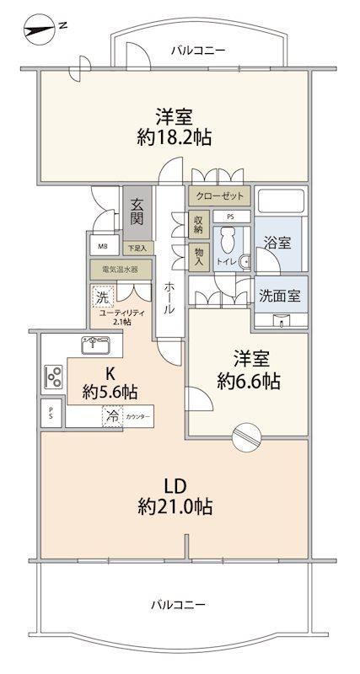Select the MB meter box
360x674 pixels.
point(103,247)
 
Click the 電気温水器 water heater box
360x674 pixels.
point(121,270)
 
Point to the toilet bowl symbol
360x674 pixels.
point(226,242)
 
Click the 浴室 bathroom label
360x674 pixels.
point(277,243)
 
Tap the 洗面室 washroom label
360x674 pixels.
point(280,296)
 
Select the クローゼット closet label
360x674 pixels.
point(219,195)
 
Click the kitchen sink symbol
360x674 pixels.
point(95,344)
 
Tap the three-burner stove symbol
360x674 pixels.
point(53,377)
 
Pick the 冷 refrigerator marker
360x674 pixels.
point(112,416)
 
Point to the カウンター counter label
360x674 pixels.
point(138,417)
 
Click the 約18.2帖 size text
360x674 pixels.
point(175,137)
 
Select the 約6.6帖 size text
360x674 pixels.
point(249,381)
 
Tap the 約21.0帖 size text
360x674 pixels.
point(175,507)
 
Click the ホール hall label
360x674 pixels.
point(170,297)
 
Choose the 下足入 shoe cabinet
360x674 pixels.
point(137,247)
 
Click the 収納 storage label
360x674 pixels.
point(199,224)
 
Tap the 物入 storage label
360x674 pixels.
point(199,257)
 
